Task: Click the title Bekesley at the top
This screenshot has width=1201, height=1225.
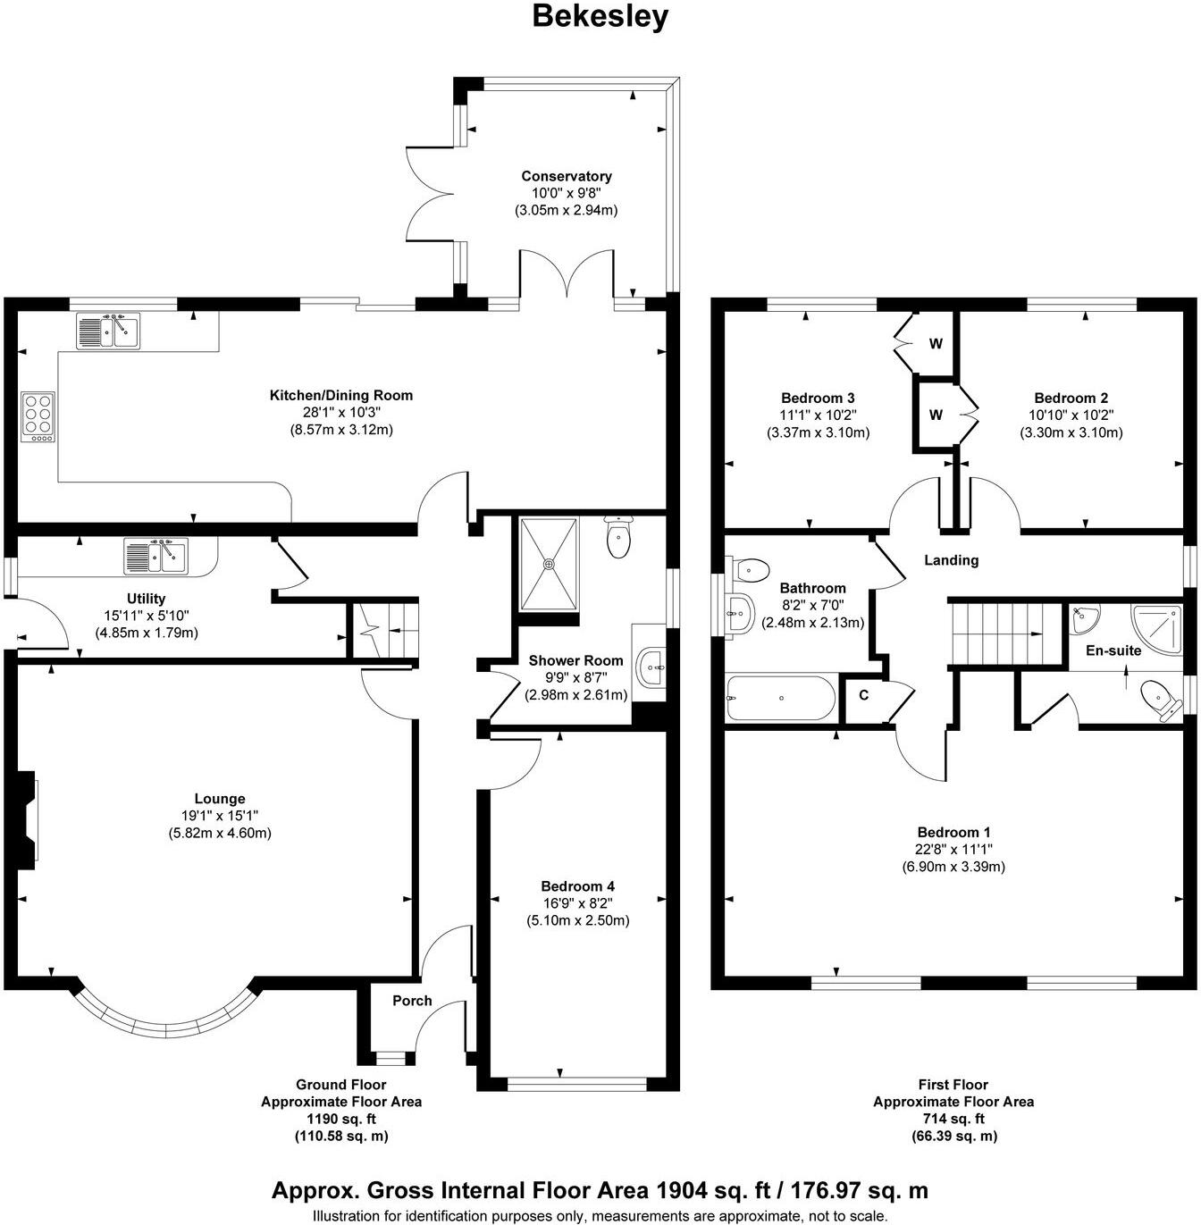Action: tap(600, 16)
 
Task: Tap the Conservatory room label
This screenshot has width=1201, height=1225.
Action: tap(566, 176)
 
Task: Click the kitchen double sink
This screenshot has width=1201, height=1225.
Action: tap(108, 330)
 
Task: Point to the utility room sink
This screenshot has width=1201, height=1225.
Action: tap(155, 556)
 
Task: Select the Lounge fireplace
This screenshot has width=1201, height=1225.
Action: tap(26, 819)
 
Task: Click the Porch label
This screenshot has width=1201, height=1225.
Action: tap(412, 1001)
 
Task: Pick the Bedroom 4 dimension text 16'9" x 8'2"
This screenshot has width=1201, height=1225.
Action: tap(577, 903)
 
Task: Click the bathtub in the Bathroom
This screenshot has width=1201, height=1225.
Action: tap(781, 698)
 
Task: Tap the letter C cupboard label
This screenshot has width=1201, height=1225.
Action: tap(864, 695)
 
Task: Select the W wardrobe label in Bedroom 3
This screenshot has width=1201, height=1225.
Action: tap(936, 343)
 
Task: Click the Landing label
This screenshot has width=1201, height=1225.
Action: tap(951, 560)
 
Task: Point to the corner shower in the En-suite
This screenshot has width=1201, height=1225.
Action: tap(1157, 631)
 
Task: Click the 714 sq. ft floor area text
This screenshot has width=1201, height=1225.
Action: tap(953, 1119)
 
